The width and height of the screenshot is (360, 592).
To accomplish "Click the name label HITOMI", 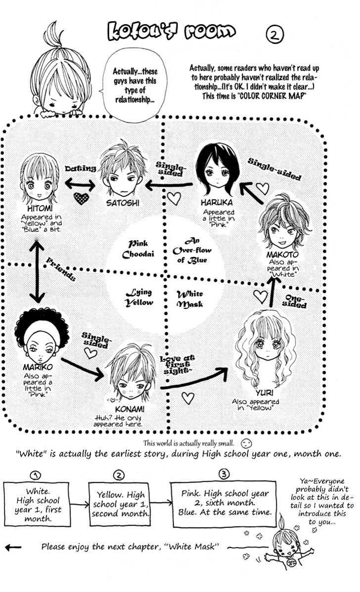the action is (x=40, y=209).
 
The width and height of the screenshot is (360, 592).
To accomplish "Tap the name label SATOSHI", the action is (x=123, y=203).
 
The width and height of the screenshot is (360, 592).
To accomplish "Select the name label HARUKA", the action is (x=217, y=203).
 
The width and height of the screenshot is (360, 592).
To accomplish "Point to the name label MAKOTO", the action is (x=282, y=254).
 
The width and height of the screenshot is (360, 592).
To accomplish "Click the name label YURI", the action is (x=265, y=393).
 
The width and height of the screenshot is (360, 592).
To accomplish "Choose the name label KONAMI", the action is (x=130, y=409).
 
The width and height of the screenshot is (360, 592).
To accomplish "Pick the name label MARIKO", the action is (x=38, y=367).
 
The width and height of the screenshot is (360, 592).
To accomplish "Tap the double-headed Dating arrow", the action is (x=80, y=184).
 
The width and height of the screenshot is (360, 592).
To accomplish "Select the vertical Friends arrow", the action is (x=37, y=271).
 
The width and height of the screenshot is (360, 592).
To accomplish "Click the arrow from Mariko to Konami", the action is (x=82, y=369).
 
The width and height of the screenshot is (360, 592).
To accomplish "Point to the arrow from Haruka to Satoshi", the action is (x=169, y=185).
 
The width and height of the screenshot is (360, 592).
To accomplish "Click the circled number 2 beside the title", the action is (x=274, y=35).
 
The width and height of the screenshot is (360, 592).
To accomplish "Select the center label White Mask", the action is (x=189, y=298).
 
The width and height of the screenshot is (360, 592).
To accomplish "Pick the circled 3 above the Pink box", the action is (x=224, y=474).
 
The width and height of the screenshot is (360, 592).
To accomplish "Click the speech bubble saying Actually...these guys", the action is (x=135, y=85).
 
